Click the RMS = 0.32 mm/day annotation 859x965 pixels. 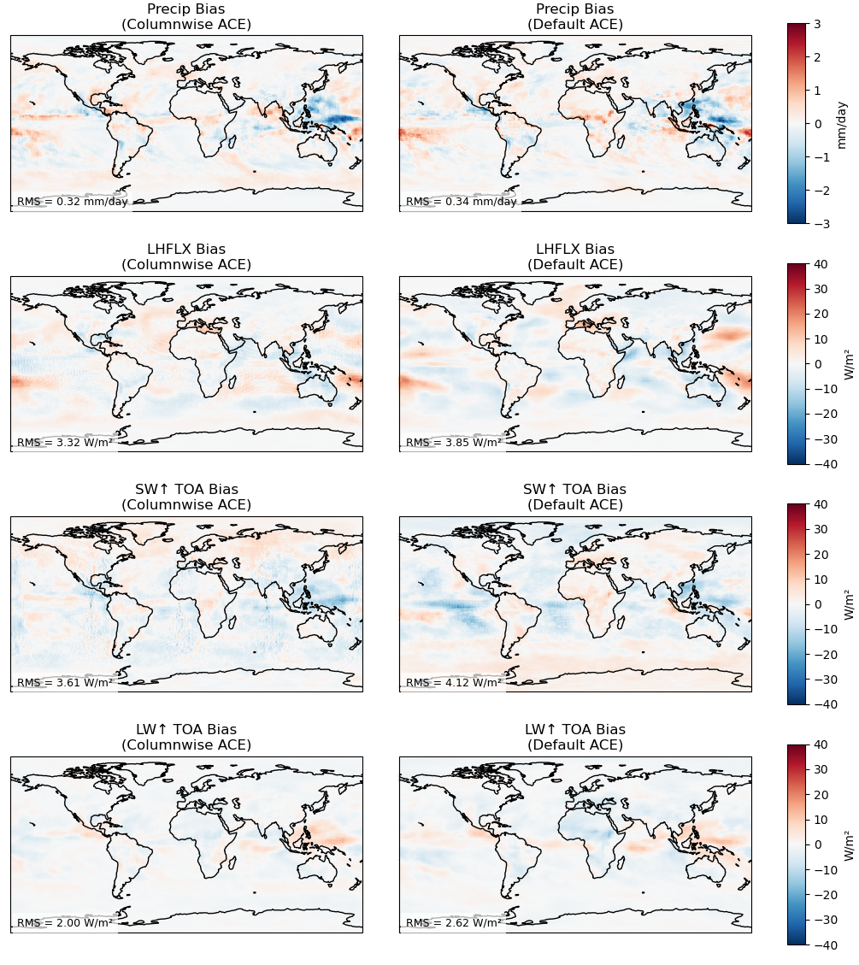[73, 202]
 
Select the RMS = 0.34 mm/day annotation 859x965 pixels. [462, 202]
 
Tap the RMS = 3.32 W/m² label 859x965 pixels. [65, 443]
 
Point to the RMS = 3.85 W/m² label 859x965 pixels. [454, 443]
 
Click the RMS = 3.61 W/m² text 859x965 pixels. [65, 683]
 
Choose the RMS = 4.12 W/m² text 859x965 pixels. [454, 683]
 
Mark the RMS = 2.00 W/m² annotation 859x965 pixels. [65, 923]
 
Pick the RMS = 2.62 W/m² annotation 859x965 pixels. [454, 923]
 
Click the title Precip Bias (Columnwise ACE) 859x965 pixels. [186, 16]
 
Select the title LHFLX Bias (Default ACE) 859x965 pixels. [575, 256]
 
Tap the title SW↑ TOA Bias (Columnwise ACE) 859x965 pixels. [186, 497]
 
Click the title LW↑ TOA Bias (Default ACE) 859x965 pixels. [575, 737]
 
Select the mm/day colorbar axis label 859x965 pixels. [842, 124]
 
